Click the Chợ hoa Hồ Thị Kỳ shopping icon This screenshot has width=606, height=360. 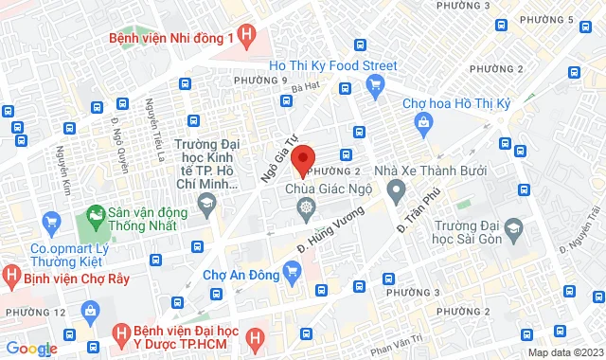click(x=423, y=122)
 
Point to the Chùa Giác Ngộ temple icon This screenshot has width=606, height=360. click(x=306, y=207)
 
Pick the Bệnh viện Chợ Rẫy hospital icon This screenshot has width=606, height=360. click(x=10, y=279)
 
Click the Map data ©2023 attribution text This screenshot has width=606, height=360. click(x=564, y=352)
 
